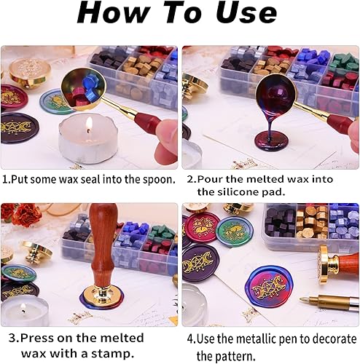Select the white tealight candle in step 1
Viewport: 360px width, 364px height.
[x=87, y=138]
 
